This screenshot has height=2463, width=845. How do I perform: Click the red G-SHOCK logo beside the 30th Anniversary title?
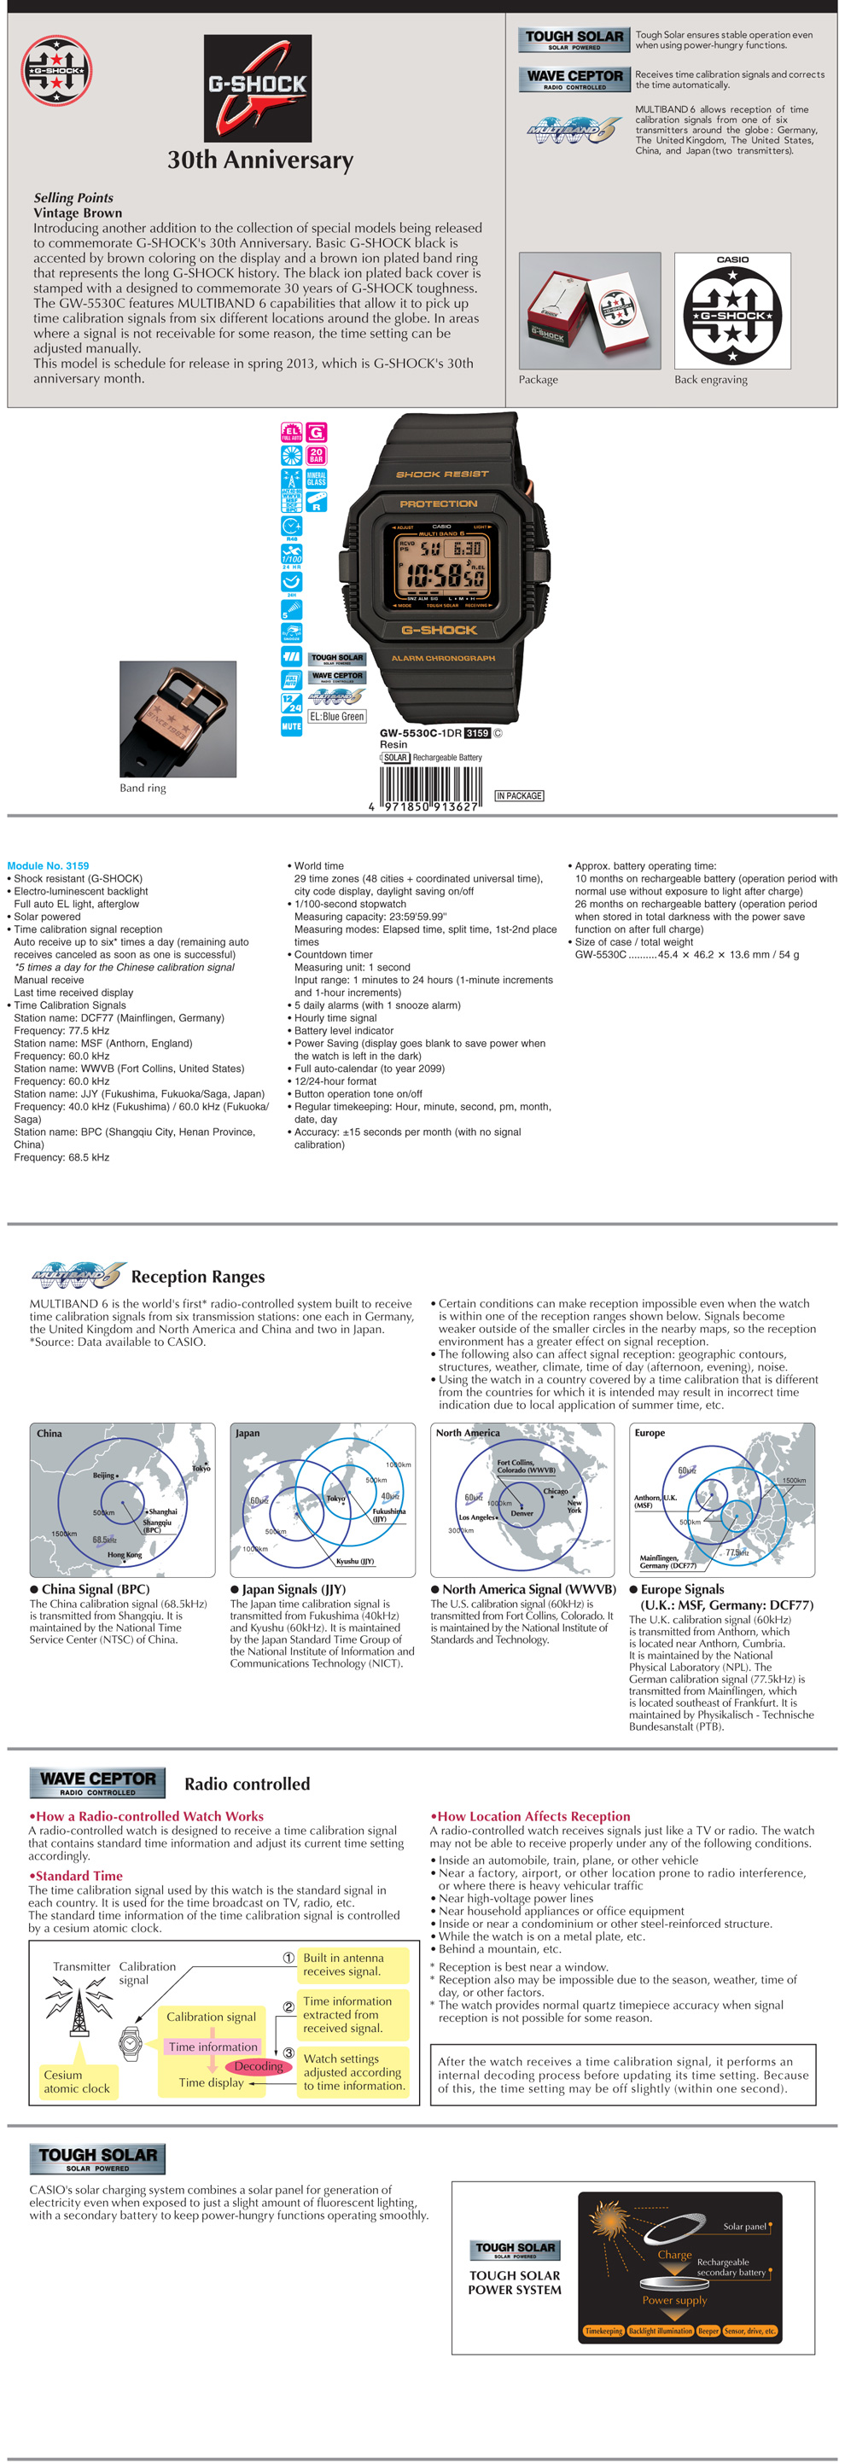point(257,88)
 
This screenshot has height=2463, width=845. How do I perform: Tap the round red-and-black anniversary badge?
point(56,71)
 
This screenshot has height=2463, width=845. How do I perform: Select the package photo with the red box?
point(589,311)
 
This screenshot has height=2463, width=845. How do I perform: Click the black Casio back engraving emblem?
point(732,316)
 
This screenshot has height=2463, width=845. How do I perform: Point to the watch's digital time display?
point(441,574)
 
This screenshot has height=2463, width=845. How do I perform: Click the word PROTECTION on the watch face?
point(438,504)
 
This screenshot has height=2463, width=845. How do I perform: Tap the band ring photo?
point(177,718)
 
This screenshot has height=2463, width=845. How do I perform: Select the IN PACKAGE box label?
point(519,795)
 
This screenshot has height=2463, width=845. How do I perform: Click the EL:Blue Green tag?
point(336,716)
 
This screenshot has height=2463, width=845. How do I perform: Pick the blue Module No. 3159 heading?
point(48,865)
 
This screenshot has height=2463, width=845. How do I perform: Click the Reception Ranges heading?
point(198,1277)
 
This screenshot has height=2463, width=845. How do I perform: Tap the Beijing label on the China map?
point(104,1476)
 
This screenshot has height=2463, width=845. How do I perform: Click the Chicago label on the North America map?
point(556,1491)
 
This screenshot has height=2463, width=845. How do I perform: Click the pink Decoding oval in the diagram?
point(258,2066)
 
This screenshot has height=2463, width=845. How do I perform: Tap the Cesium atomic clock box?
point(77,2082)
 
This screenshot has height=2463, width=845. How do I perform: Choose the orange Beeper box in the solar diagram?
point(708,2331)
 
